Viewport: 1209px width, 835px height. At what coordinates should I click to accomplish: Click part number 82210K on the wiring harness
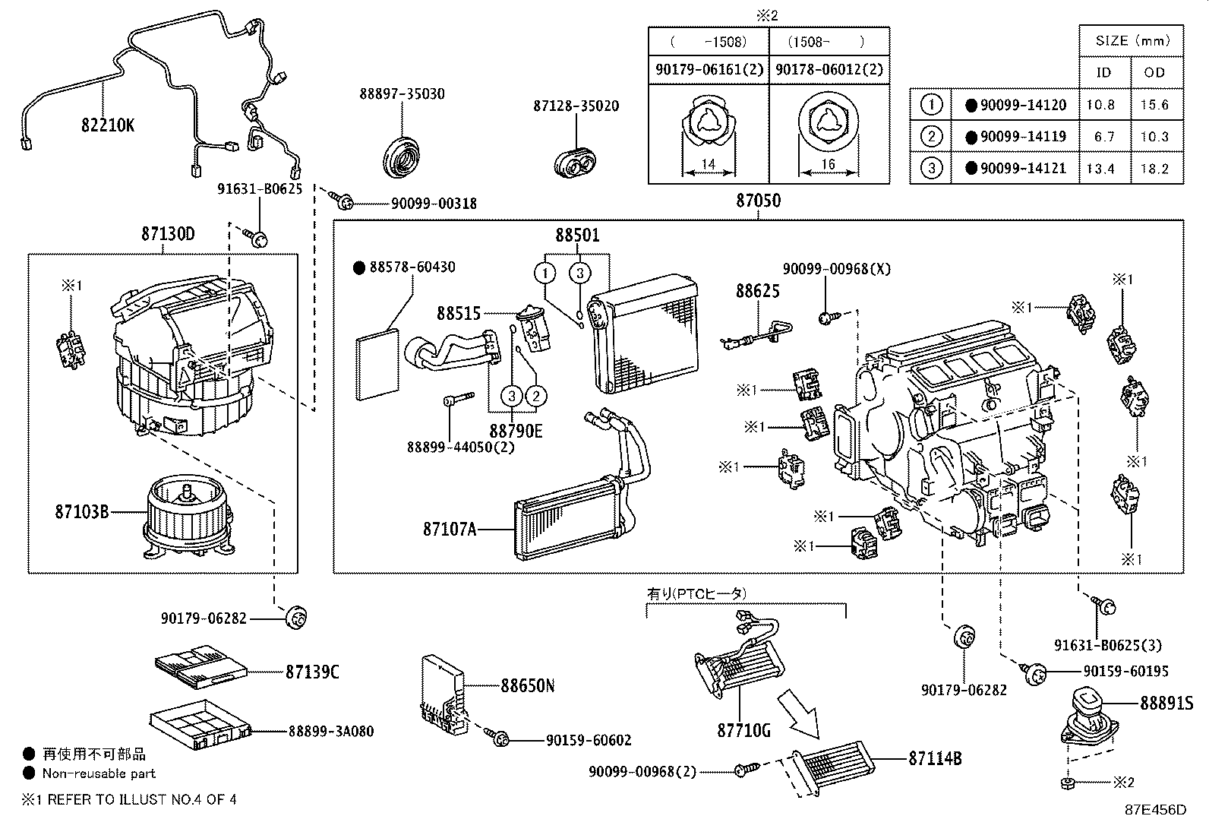pos(107,125)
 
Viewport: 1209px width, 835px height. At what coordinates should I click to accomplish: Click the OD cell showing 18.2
pos(1154,169)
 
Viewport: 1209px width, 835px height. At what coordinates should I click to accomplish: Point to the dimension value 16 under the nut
pos(828,165)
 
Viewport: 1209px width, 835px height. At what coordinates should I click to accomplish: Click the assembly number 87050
pos(757,201)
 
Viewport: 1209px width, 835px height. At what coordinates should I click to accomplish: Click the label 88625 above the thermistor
pos(756,291)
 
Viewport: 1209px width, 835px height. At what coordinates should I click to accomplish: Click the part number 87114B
pos(935,758)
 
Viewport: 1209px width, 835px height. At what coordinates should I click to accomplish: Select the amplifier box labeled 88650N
pos(444,693)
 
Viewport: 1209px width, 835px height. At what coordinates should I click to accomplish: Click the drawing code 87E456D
pos(1155,810)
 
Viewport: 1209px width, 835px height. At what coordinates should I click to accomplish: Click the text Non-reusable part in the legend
pos(99,773)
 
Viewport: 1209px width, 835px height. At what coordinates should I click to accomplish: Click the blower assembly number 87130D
pos(167,234)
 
